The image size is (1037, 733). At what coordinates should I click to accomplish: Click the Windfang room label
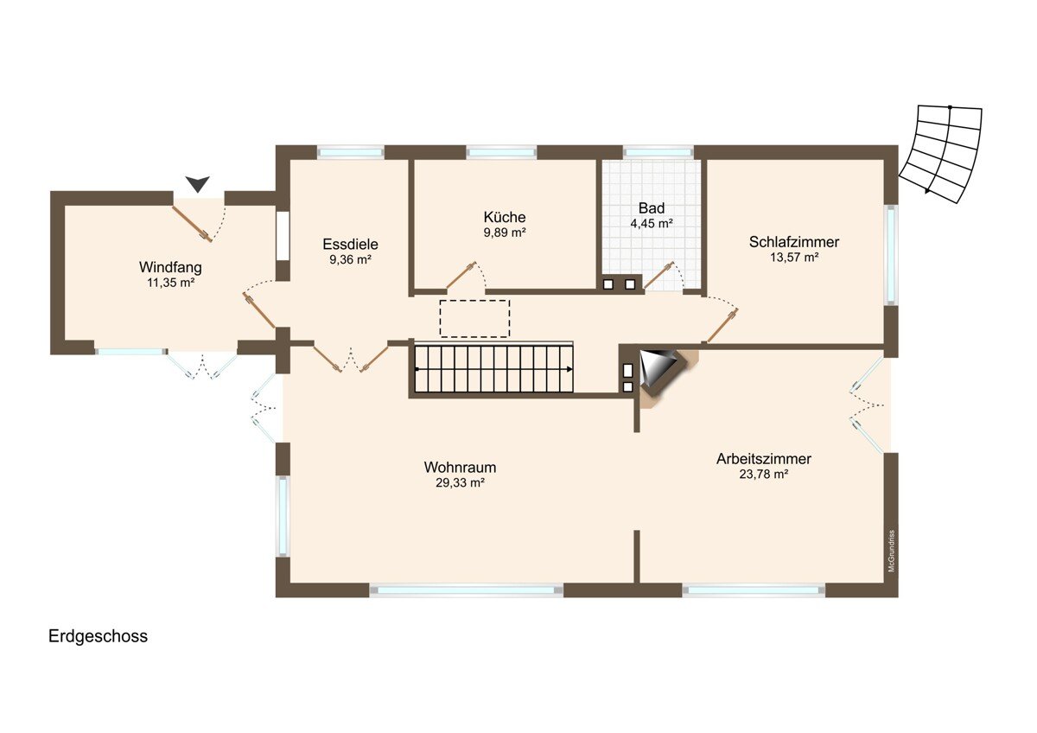pos(170,267)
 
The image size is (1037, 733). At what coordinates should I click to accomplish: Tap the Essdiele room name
pos(350,244)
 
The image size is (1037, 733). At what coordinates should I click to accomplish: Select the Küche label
pos(504,217)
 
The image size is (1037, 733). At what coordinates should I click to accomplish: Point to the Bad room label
pos(652,208)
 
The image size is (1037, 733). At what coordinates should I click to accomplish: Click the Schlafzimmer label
pos(794,242)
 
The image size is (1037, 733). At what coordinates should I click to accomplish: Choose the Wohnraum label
pos(460,468)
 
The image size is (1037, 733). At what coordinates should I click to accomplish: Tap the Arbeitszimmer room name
pos(764,459)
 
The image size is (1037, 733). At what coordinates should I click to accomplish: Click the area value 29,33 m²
pos(460,483)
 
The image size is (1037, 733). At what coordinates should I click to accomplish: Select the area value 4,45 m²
pos(652,224)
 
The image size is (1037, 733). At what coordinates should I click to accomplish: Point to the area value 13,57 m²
pos(794,258)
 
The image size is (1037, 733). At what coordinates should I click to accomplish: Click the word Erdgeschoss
pos(99,637)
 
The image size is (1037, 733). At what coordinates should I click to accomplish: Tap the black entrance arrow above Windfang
pos(198,183)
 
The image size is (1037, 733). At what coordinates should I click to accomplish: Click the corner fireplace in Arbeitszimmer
pos(662,374)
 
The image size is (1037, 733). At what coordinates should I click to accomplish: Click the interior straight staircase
pos(493,369)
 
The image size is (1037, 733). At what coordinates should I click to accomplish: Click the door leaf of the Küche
pos(461,275)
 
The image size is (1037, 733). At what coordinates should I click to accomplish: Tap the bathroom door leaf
pos(658,276)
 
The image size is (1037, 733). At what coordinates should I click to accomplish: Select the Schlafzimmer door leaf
pos(722,326)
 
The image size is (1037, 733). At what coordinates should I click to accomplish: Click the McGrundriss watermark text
pos(892,551)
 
